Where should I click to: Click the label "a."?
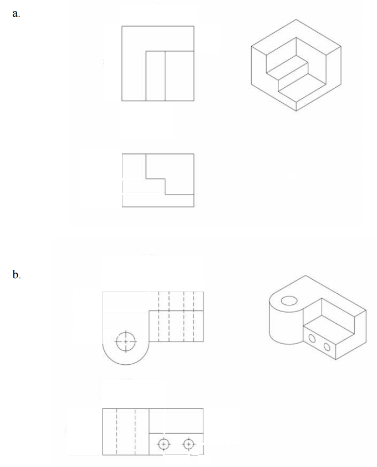(x=16, y=14)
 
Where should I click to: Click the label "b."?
(x=17, y=274)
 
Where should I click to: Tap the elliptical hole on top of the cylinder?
(x=289, y=301)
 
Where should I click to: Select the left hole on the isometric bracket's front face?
(x=312, y=338)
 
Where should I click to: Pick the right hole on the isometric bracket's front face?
(x=327, y=347)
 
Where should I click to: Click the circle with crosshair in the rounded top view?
(x=126, y=342)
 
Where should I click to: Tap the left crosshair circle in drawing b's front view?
(x=164, y=444)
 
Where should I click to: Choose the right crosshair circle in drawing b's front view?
(x=188, y=444)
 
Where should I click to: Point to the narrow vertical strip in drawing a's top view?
(x=155, y=76)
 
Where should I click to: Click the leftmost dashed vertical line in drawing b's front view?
(x=116, y=431)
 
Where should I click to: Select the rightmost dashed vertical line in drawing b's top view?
(x=194, y=317)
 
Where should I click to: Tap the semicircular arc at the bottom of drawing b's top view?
(x=126, y=364)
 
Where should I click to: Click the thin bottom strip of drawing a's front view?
(x=158, y=200)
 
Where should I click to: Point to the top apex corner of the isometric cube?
(x=296, y=19)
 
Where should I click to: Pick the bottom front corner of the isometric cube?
(x=296, y=111)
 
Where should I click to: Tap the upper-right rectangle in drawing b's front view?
(x=176, y=421)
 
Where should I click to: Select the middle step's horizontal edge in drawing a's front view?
(x=155, y=179)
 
